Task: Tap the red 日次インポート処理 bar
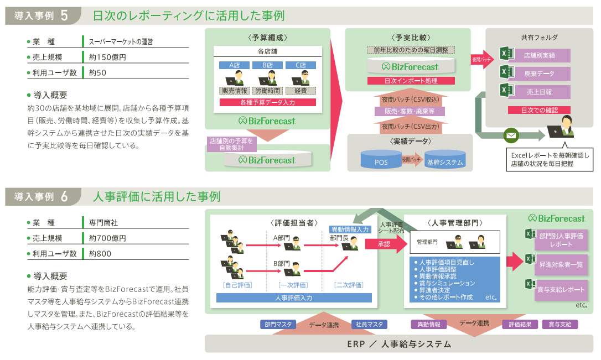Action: [x=411, y=81]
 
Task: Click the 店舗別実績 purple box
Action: [x=539, y=55]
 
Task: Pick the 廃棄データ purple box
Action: [x=539, y=74]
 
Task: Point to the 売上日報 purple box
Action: [x=539, y=92]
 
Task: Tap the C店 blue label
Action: [x=300, y=65]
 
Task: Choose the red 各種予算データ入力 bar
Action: [x=267, y=102]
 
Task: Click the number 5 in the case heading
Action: [x=65, y=15]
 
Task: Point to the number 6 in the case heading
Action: [x=65, y=197]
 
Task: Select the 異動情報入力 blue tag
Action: [x=350, y=229]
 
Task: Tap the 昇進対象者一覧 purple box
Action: [x=561, y=264]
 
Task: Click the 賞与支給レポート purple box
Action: [x=561, y=290]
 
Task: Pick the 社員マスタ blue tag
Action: [x=369, y=325]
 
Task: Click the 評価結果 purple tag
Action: [x=519, y=325]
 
